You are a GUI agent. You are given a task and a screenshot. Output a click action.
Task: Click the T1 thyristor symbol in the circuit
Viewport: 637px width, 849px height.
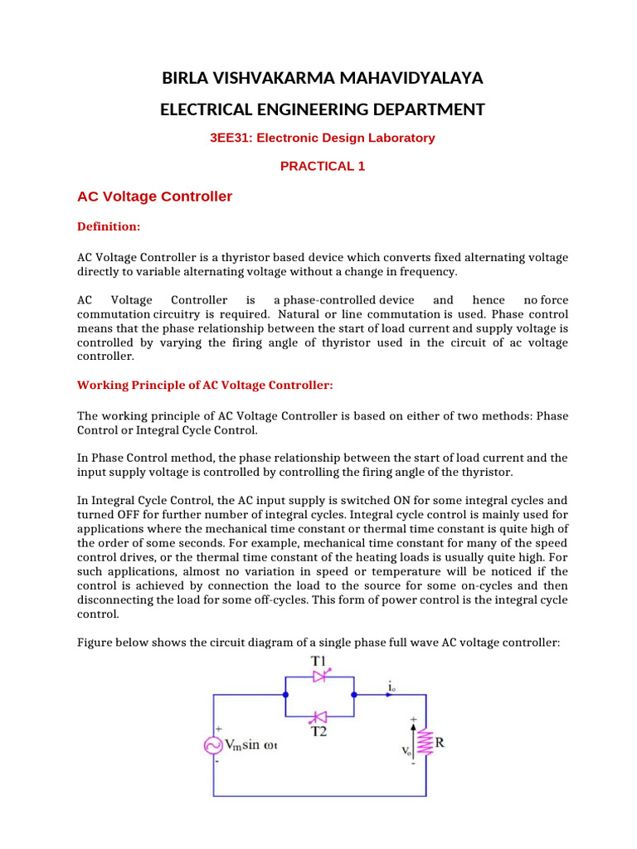320,677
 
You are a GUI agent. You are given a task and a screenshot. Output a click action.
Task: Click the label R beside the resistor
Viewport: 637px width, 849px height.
440,742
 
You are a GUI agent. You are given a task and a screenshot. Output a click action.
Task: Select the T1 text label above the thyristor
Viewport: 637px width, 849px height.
319,660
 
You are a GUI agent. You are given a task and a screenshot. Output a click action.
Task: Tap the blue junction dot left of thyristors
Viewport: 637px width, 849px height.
285,695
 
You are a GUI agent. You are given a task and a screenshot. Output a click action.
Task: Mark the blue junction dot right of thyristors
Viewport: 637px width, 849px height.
354,695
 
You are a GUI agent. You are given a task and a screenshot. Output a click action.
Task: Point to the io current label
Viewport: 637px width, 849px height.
391,686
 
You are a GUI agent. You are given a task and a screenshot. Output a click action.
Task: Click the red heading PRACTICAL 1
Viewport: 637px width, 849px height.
322,166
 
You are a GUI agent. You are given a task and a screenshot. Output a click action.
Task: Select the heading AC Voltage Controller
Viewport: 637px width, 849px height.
154,197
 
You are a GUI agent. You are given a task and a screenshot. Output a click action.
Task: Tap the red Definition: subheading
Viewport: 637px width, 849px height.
109,226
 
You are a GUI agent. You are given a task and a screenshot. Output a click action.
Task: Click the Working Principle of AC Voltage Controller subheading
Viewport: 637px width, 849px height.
205,386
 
